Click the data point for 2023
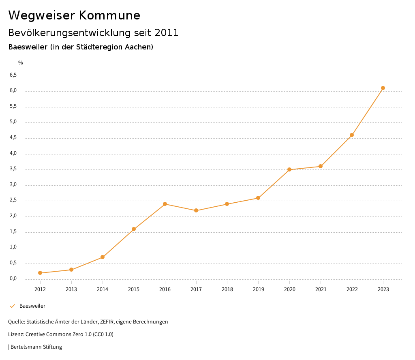383,88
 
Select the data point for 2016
165,204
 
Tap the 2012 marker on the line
40,273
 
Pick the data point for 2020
289,169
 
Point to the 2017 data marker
196,210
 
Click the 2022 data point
352,135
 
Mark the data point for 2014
103,257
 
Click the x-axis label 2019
258,289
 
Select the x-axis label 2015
134,289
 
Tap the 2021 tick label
321,289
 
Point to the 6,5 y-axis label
13,75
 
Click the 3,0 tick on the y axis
13,184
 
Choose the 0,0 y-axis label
13,279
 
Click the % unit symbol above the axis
20,62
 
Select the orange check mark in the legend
12,306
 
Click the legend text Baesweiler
32,306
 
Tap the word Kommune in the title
109,15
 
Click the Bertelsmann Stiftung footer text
36,347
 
